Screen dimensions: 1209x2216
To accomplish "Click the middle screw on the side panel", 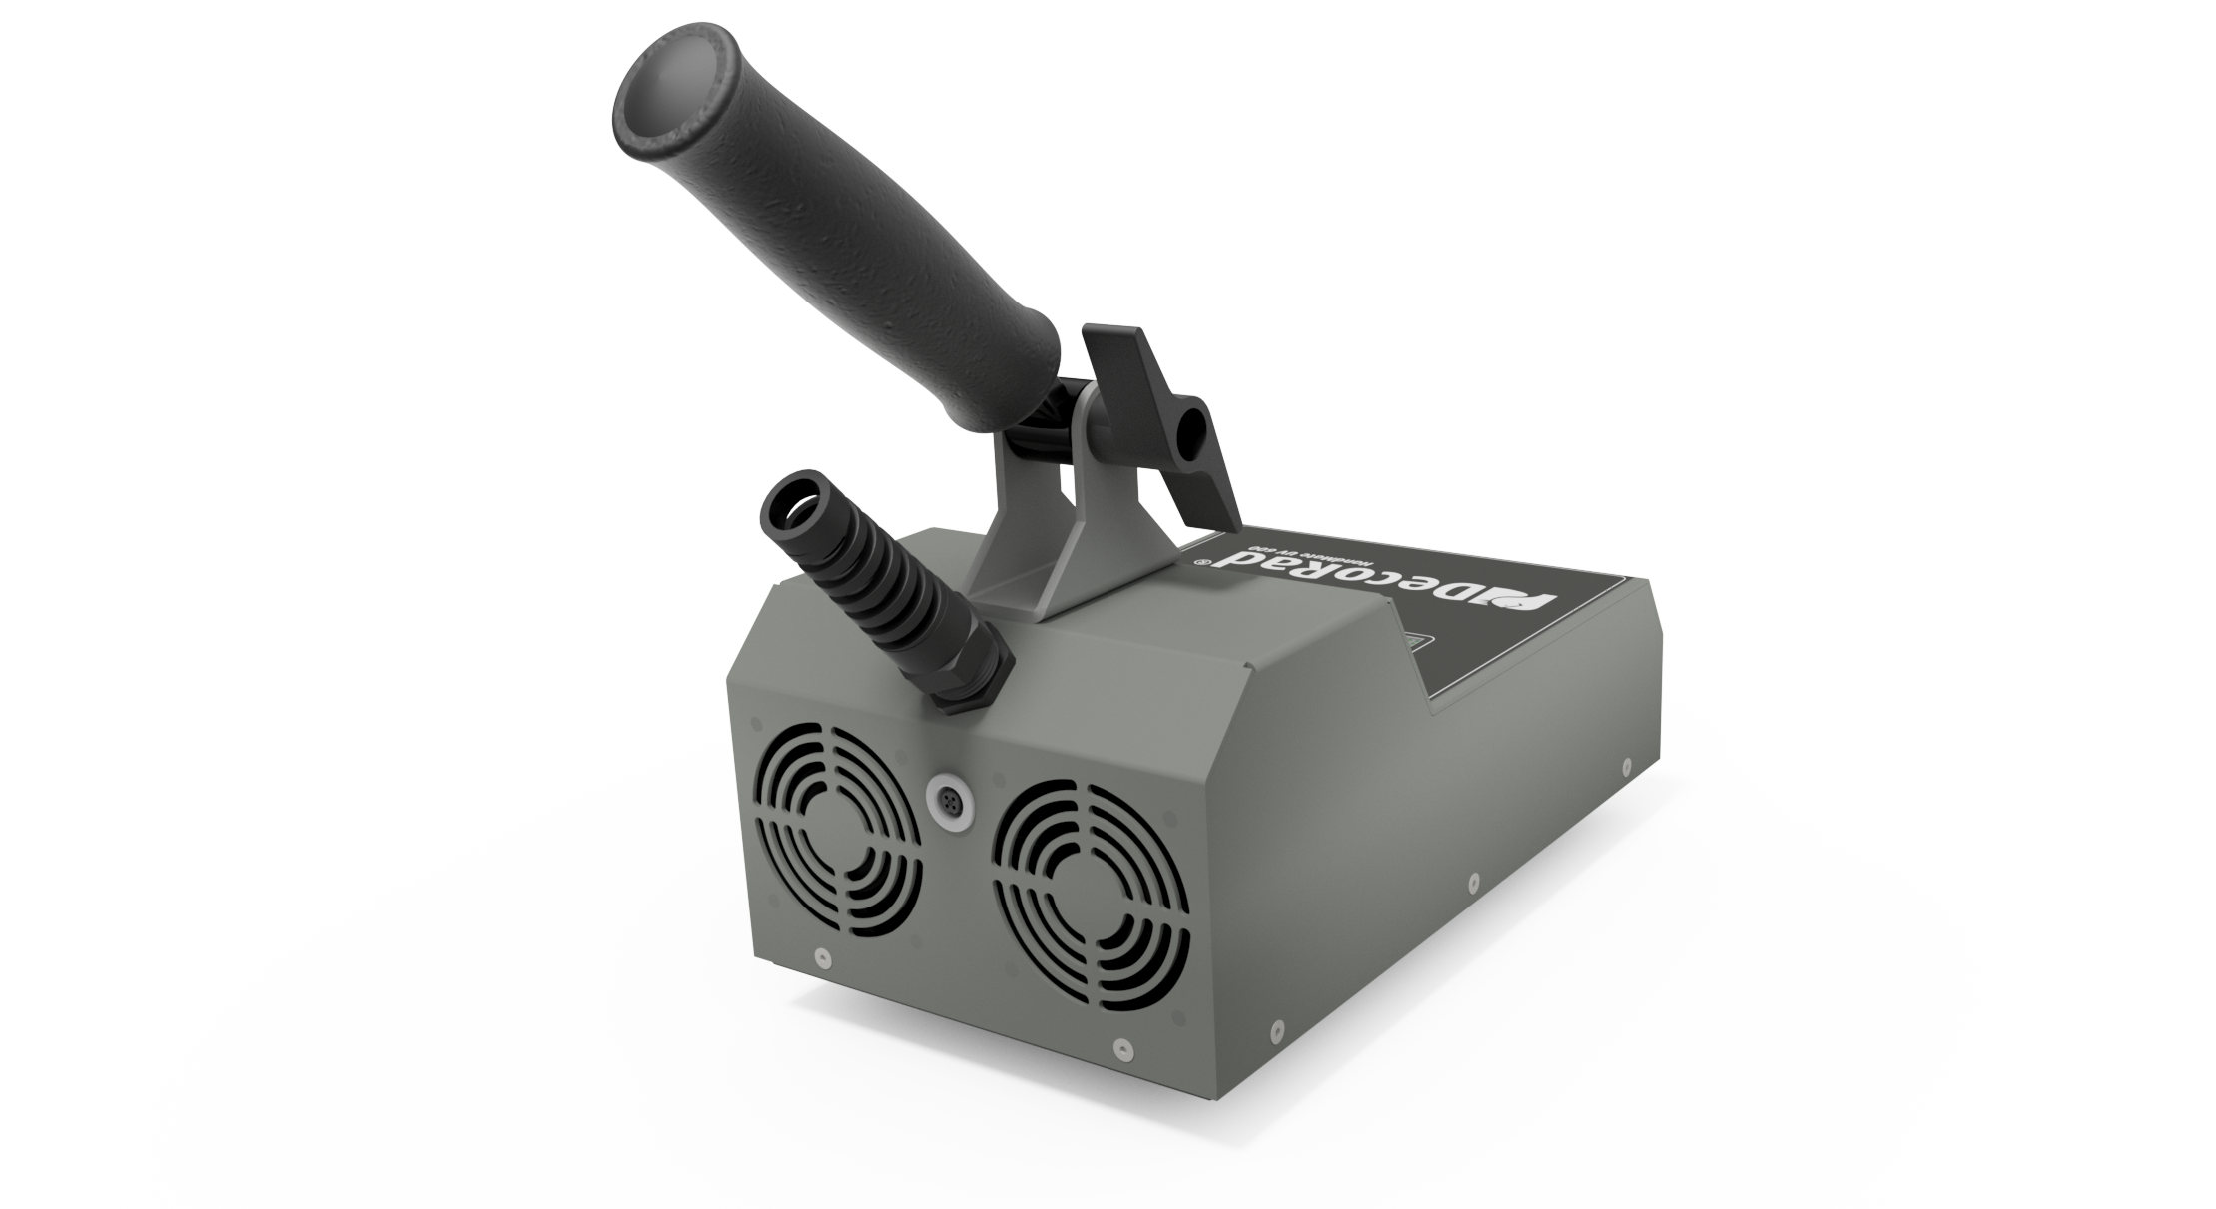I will click(x=1473, y=882).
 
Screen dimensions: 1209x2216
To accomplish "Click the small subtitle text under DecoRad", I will click(x=1298, y=547).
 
